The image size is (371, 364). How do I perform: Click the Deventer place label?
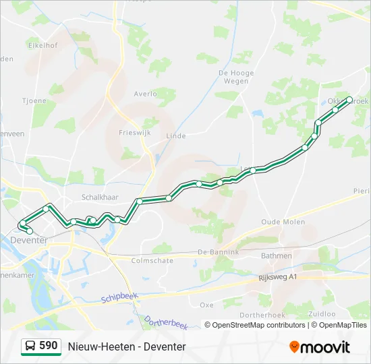pyautogui.click(x=29, y=240)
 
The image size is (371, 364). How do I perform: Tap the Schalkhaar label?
pyautogui.click(x=100, y=197)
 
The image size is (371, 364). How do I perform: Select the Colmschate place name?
pyautogui.click(x=152, y=260)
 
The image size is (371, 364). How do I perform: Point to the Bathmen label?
pyautogui.click(x=277, y=255)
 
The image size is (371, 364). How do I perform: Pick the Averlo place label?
pyautogui.click(x=145, y=94)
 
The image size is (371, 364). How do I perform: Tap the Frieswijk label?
pyautogui.click(x=133, y=133)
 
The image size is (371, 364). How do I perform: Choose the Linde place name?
pyautogui.click(x=175, y=135)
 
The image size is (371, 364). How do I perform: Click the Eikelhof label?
pyautogui.click(x=42, y=46)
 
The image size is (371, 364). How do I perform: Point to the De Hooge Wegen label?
pyautogui.click(x=236, y=77)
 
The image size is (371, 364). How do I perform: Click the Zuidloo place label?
pyautogui.click(x=321, y=314)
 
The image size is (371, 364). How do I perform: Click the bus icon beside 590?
pyautogui.click(x=30, y=346)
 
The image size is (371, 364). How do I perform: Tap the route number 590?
pyautogui.click(x=49, y=346)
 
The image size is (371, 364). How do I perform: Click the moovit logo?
pyautogui.click(x=320, y=347)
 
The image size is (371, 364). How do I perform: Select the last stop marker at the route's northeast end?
pyautogui.click(x=349, y=100)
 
